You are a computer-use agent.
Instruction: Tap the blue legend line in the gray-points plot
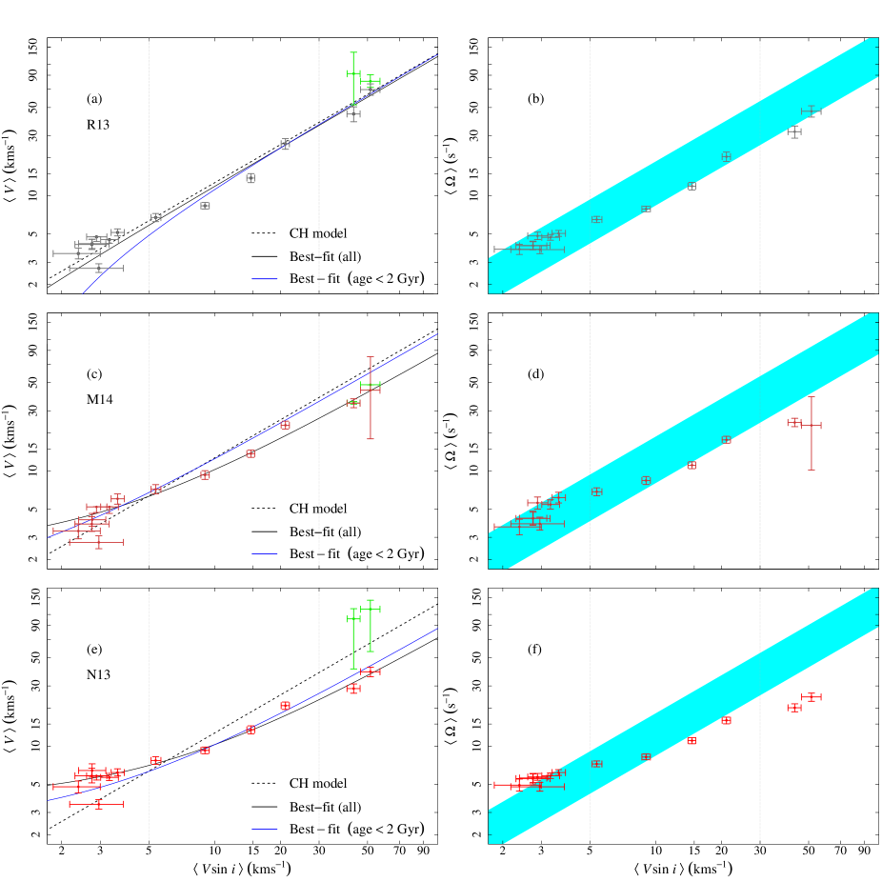click(264, 279)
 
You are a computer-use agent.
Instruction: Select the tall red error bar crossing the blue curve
click(371, 398)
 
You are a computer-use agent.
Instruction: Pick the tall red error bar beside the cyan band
click(812, 433)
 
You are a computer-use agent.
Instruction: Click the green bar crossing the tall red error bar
click(371, 384)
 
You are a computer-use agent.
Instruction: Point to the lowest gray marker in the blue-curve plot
click(98, 269)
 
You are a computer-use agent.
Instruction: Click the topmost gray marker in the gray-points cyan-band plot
click(812, 111)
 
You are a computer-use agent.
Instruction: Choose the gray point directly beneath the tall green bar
click(353, 114)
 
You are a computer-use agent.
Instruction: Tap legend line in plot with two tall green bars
click(264, 830)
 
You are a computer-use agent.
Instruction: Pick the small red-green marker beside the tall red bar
click(353, 403)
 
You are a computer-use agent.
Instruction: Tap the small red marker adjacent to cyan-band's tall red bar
click(794, 422)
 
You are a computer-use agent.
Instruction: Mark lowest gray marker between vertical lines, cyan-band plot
click(597, 219)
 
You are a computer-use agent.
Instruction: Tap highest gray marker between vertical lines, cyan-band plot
click(726, 156)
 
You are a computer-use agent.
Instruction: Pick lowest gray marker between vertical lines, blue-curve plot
click(155, 217)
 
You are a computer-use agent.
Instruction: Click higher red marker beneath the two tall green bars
click(371, 672)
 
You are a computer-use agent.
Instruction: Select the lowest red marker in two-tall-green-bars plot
click(98, 804)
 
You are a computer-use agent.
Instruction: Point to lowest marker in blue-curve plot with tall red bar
click(98, 543)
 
